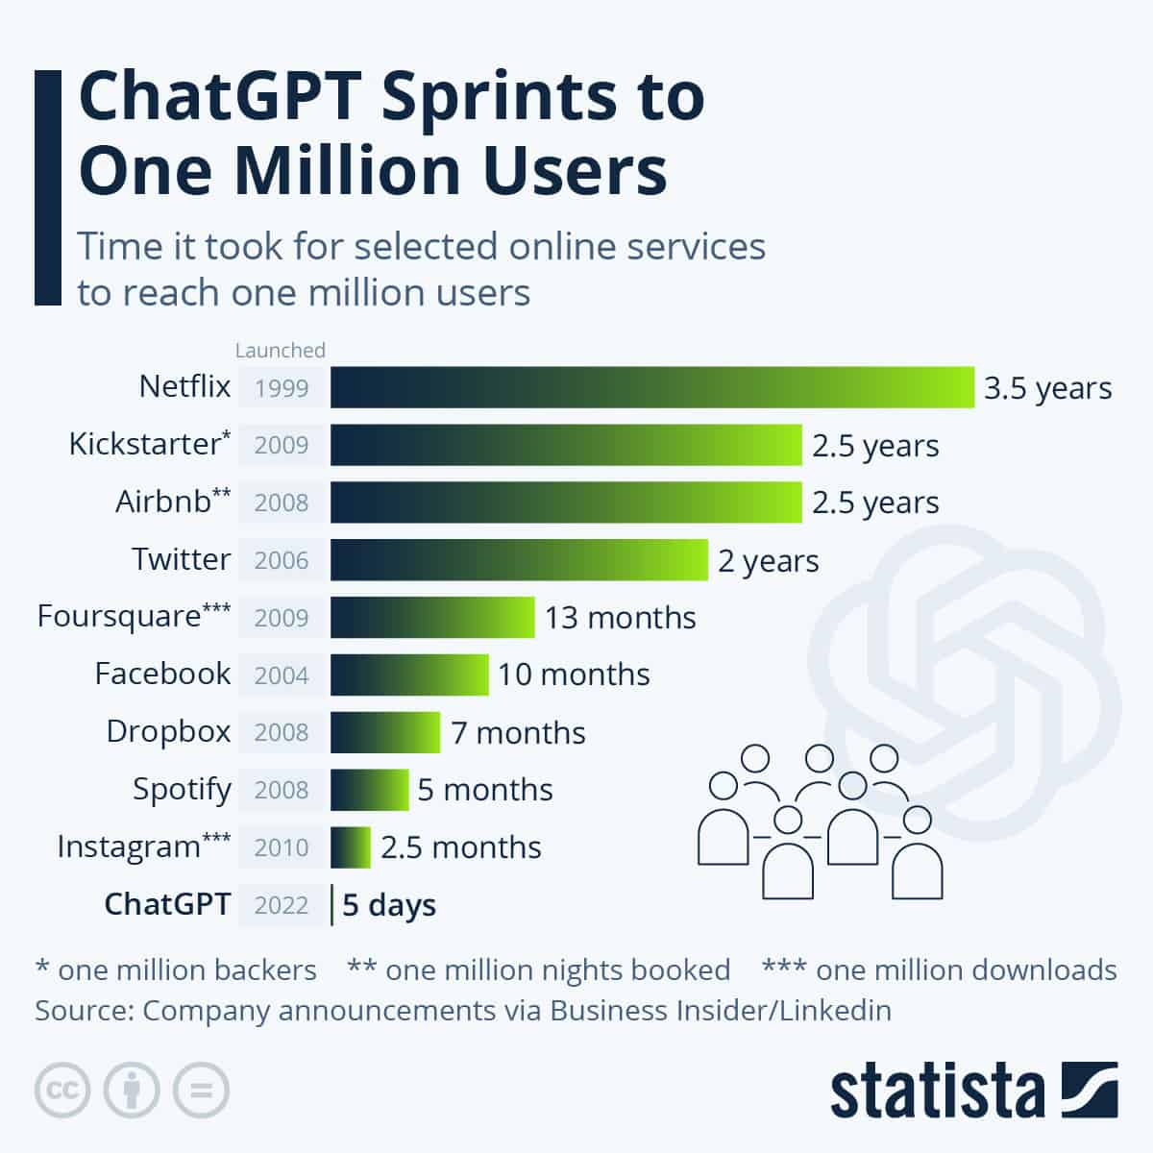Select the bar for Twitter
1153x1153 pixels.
point(519,560)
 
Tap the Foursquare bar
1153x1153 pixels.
point(432,617)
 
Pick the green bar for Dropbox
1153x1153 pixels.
point(385,732)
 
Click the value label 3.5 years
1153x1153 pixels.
point(1047,388)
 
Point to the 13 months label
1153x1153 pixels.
point(620,617)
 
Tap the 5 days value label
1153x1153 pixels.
point(389,905)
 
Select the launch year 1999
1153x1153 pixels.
point(282,388)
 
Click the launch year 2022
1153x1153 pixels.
point(282,905)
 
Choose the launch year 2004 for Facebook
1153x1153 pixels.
point(282,675)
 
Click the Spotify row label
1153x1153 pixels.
point(182,790)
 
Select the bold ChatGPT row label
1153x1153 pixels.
point(167,904)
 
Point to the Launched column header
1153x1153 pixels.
point(281,350)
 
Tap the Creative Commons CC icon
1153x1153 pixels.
point(62,1091)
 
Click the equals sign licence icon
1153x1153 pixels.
point(201,1091)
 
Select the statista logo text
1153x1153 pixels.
point(937,1092)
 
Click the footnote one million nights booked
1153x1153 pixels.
point(539,970)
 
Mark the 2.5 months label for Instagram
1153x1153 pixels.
point(460,847)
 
